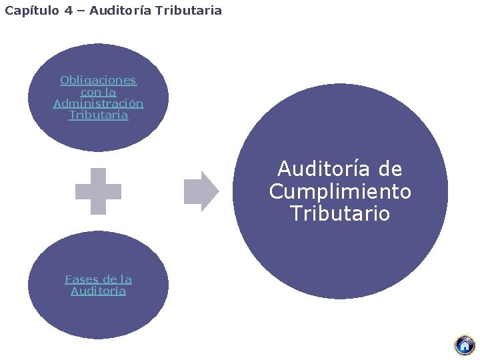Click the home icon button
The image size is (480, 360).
click(x=464, y=345)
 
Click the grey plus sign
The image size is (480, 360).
click(x=98, y=191)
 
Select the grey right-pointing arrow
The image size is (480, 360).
click(x=201, y=191)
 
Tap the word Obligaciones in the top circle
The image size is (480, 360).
click(x=98, y=81)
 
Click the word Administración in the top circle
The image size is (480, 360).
click(x=98, y=103)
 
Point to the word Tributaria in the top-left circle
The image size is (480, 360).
click(x=98, y=115)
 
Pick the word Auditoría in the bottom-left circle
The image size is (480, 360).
click(x=98, y=291)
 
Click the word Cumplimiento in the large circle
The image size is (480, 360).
click(x=340, y=191)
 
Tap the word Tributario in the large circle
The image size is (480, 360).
click(x=340, y=214)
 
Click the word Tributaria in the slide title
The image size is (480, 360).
click(x=189, y=11)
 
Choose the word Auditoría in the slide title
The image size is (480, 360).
click(x=120, y=11)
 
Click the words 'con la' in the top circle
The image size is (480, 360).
click(x=98, y=92)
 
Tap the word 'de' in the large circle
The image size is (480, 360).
click(x=389, y=169)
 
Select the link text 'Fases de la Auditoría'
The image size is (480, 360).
click(x=98, y=285)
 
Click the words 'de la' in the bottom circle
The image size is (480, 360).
click(x=116, y=279)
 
